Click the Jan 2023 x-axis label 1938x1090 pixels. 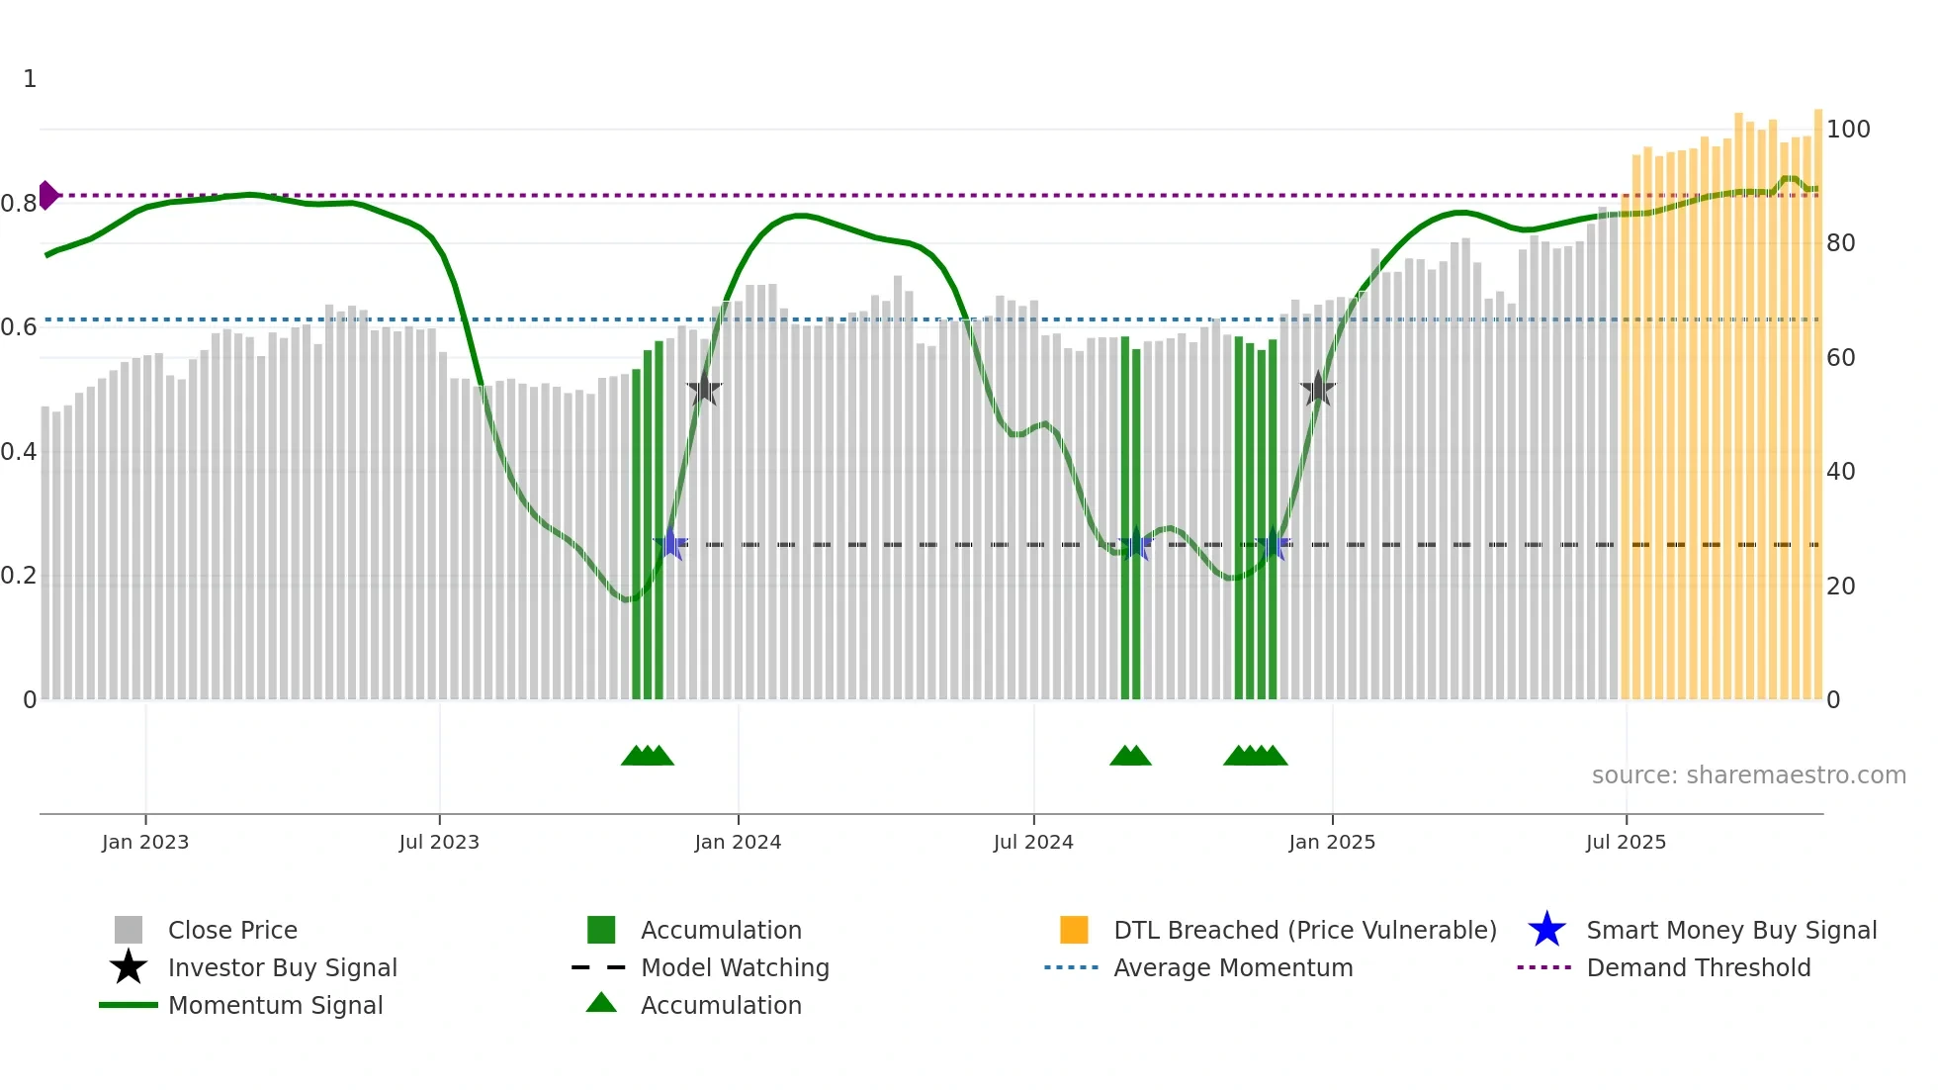145,842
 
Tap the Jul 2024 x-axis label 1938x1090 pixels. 1033,842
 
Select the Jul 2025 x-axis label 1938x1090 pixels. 1626,842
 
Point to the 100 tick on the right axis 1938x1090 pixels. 1848,130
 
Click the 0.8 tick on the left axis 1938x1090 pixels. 19,204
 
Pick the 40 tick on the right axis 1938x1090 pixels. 1840,472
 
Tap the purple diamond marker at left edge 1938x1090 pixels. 47,195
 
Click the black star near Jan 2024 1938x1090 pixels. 704,390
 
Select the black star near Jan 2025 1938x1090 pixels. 1317,389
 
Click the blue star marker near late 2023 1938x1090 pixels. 670,543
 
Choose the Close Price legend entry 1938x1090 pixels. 232,930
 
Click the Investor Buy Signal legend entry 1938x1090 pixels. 282,967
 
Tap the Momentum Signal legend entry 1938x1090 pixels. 275,1005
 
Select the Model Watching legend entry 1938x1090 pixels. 735,967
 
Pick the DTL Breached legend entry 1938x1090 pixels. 1304,930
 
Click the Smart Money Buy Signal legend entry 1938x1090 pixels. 1730,930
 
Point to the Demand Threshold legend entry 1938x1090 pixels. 1698,967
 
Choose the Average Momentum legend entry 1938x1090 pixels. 1233,967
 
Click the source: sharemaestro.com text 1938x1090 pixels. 1748,775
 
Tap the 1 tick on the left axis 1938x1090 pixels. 30,79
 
